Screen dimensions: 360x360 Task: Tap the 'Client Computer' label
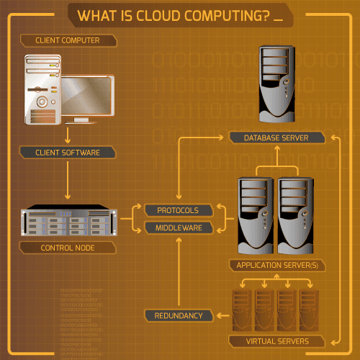pyautogui.click(x=68, y=40)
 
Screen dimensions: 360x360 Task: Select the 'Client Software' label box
pyautogui.click(x=68, y=152)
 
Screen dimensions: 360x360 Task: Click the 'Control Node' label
pyautogui.click(x=68, y=248)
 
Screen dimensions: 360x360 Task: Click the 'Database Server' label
pyautogui.click(x=277, y=137)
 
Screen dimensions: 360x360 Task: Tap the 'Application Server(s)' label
pyautogui.click(x=277, y=265)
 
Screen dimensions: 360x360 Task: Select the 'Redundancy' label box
pyautogui.click(x=178, y=315)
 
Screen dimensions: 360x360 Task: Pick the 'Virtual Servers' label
pyautogui.click(x=277, y=341)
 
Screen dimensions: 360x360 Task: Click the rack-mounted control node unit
pyautogui.click(x=68, y=222)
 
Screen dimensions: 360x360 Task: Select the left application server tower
pyautogui.click(x=256, y=215)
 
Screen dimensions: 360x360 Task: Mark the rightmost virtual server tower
pyautogui.click(x=308, y=310)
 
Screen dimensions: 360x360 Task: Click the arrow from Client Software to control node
pyautogui.click(x=68, y=180)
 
